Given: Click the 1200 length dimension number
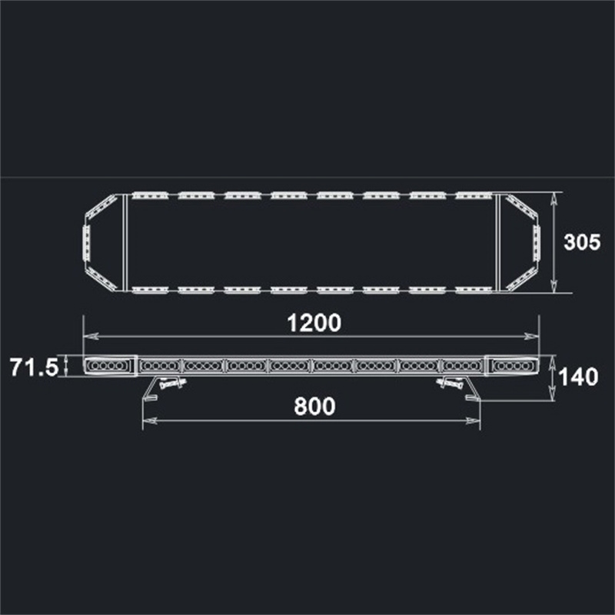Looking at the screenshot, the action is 314,323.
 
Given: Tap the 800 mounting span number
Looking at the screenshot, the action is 314,407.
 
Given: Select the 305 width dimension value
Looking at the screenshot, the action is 582,242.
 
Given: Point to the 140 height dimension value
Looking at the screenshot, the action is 578,377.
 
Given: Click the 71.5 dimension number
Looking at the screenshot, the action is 34,367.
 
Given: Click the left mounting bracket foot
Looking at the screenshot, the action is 150,397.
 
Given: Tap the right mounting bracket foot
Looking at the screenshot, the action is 473,397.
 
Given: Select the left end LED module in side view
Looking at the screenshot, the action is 108,366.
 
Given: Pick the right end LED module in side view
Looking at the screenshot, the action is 513,366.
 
